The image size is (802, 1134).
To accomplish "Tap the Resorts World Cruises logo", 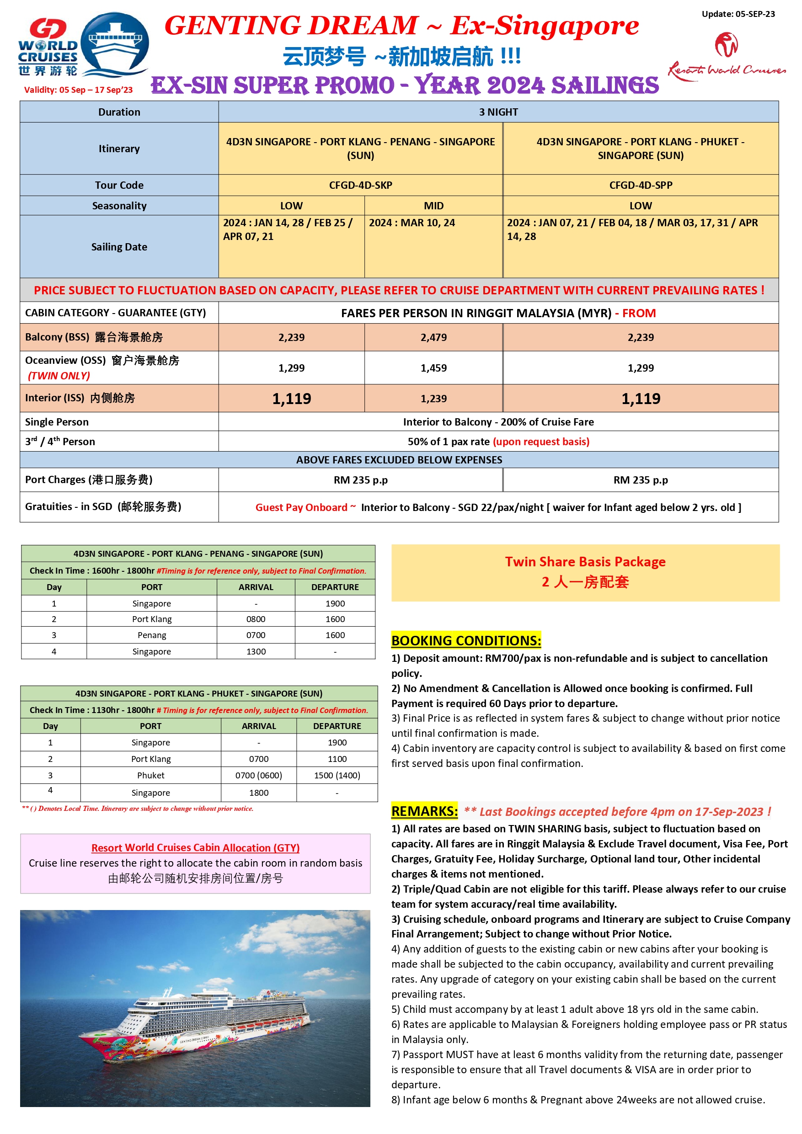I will click(727, 57).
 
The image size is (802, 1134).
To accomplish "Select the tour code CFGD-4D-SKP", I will click(360, 185).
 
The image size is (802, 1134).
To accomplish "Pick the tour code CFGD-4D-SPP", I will click(641, 185).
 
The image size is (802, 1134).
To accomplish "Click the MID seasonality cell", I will click(433, 206).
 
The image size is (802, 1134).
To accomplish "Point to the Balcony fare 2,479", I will click(433, 337).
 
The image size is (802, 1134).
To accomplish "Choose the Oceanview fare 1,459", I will click(433, 368).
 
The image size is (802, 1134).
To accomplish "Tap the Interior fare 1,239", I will click(433, 399).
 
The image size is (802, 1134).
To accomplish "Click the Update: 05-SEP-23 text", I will click(738, 14).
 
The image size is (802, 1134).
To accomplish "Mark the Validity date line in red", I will click(79, 90).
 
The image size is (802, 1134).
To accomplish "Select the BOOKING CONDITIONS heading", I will click(465, 641).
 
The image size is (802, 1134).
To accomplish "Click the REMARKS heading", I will click(424, 811).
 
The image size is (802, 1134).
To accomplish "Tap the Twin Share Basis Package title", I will click(585, 562).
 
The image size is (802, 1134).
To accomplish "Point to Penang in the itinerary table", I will click(152, 635).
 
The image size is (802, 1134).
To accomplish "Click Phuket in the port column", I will click(151, 776).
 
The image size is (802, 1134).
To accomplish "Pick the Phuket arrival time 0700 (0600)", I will click(258, 776).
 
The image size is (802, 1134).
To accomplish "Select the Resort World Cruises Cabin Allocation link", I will click(195, 847).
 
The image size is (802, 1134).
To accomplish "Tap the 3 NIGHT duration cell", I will click(498, 112).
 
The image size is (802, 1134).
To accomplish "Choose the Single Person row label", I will click(57, 422).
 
